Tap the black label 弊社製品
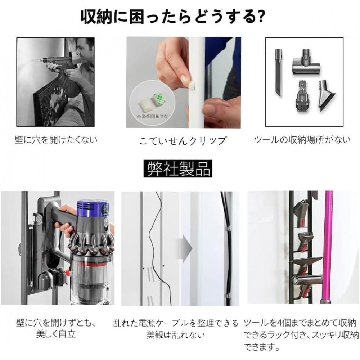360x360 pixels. coord(179,168)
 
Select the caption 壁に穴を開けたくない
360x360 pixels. coord(56,139)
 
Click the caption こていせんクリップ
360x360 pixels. coord(183,140)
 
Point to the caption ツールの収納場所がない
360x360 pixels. coord(302,139)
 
